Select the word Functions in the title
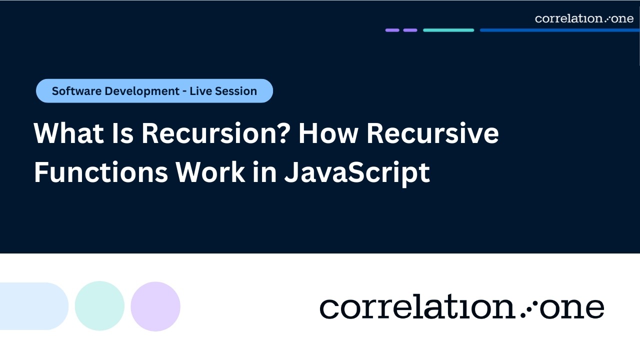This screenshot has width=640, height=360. point(100,173)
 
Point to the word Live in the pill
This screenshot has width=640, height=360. point(202,91)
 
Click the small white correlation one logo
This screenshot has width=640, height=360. point(583,19)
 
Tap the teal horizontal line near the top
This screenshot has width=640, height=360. point(448,30)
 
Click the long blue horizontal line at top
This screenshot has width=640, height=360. point(559,30)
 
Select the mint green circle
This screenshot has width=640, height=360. point(99,306)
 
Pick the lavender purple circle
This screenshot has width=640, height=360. point(155,306)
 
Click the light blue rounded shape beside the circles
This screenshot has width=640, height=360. point(33,306)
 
